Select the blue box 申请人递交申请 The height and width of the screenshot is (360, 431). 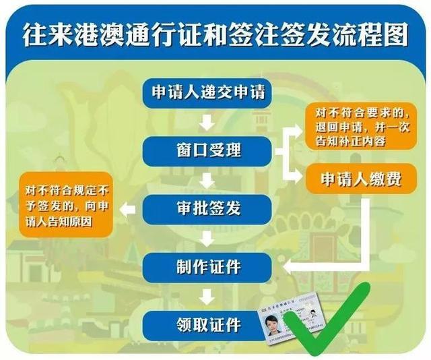pos(207,92)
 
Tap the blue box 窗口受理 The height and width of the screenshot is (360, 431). pos(207,150)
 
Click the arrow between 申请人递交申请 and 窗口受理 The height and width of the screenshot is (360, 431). pos(207,121)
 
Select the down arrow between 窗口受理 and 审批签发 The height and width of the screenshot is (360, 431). pos(207,179)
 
